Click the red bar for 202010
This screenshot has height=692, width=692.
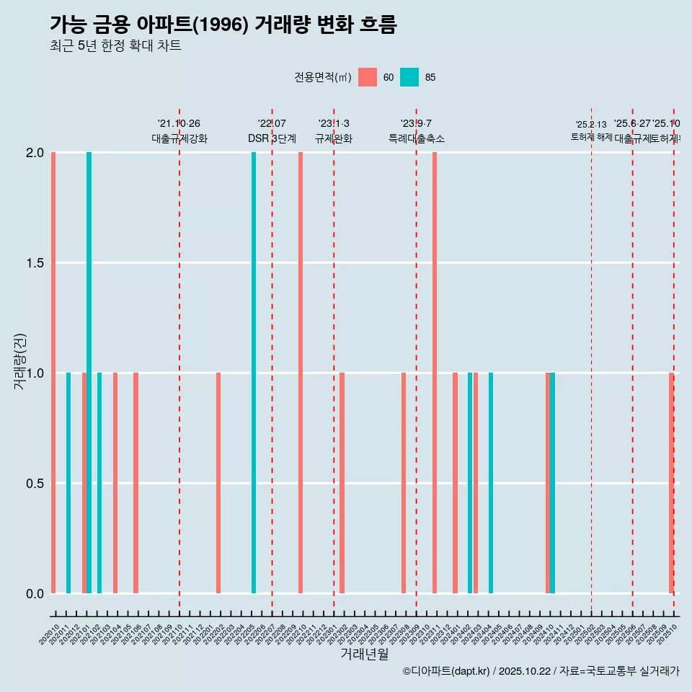point(53,373)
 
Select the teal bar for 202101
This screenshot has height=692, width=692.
point(89,373)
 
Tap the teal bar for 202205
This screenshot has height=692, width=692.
point(254,373)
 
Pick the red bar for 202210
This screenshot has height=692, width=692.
point(301,373)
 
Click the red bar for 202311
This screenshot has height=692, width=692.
point(435,373)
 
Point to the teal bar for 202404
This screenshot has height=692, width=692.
point(491,483)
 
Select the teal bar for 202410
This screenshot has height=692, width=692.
point(553,483)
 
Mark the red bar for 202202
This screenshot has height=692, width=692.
point(218,483)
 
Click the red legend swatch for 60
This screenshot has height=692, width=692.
point(368,77)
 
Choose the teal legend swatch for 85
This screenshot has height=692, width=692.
point(409,77)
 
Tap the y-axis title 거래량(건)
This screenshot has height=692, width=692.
point(20,361)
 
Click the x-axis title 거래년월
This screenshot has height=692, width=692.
point(364,655)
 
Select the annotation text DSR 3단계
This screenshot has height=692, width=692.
point(272,138)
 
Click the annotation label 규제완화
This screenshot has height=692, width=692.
point(334,138)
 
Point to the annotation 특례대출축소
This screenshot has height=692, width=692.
point(416,138)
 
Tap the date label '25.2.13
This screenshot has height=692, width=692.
point(591,125)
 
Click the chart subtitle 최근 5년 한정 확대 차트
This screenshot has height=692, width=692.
point(115,46)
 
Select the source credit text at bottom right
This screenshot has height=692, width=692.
point(541,672)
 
